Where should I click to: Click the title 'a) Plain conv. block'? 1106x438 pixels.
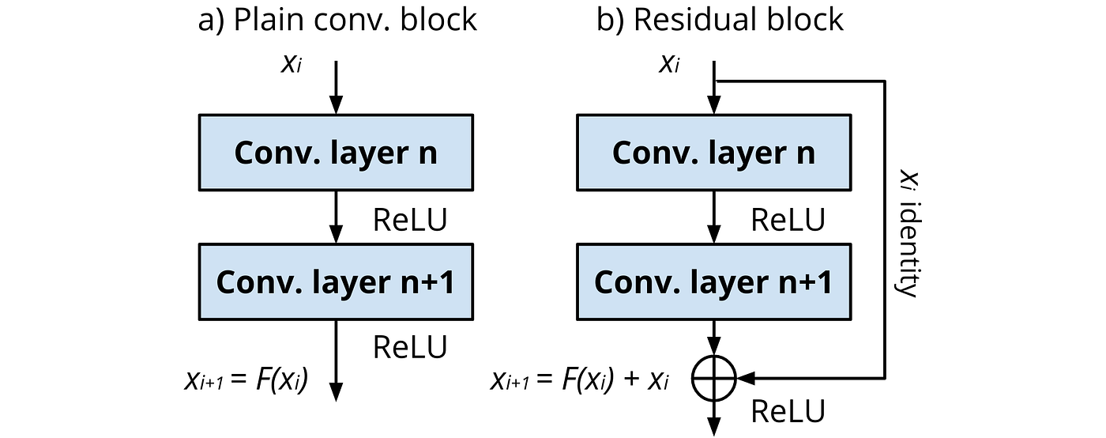point(337,20)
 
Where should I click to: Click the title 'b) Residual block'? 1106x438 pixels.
point(720,20)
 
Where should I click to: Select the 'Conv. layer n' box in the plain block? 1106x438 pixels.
point(336,153)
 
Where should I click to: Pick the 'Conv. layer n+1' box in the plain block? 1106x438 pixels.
point(336,282)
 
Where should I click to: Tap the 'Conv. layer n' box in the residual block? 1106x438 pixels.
point(713,153)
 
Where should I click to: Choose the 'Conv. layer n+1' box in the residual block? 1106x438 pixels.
point(713,282)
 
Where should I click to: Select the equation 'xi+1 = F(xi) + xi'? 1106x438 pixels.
point(580,381)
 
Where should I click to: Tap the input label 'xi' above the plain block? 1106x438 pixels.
point(291,64)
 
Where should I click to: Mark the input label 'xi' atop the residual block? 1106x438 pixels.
point(668,64)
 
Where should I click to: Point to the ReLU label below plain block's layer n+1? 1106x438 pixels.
point(409,347)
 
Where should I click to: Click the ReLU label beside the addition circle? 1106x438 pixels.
point(787,412)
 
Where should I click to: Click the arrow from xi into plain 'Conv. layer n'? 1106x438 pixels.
point(337,87)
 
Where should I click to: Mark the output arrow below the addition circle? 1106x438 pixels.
point(713,419)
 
